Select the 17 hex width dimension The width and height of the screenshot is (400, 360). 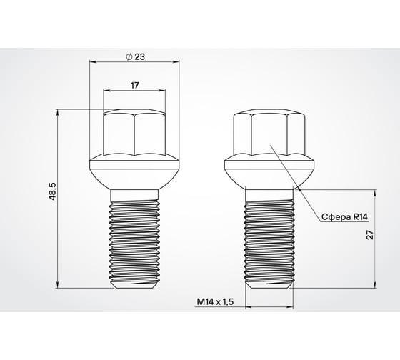(x=134, y=85)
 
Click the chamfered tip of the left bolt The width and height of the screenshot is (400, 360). (x=134, y=285)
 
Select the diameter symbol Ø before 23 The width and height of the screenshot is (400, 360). (x=126, y=56)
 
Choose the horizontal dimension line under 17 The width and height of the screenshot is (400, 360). (x=134, y=91)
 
